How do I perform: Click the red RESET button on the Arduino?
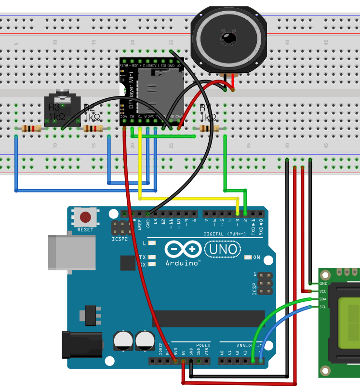tap(86, 217)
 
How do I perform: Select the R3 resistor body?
tap(32, 129)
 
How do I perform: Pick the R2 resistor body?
tap(93, 129)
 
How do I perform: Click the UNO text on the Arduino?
tap(223, 249)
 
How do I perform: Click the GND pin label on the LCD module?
tap(323, 283)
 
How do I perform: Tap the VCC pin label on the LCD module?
tap(323, 291)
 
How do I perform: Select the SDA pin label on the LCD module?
tap(323, 299)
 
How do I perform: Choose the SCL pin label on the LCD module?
tap(323, 307)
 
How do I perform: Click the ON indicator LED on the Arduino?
tap(248, 257)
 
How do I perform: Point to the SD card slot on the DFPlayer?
tap(159, 92)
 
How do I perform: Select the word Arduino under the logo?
tap(183, 264)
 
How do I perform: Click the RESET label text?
tap(85, 230)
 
